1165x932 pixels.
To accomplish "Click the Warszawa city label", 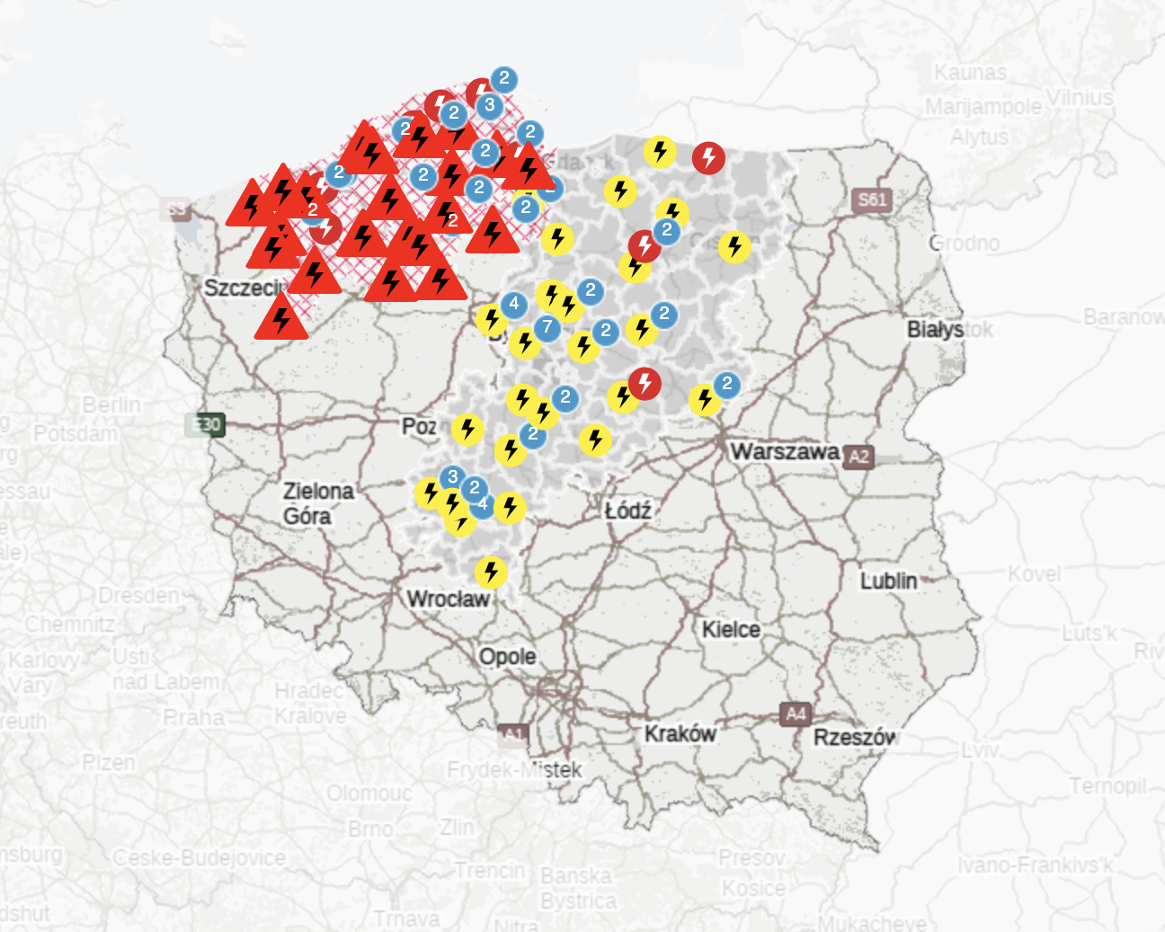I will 785,451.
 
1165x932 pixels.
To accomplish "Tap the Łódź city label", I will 627,510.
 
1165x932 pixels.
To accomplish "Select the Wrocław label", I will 448,599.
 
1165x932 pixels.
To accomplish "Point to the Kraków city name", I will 680,733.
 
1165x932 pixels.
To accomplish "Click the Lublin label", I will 888,581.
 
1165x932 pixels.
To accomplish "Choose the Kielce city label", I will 731,629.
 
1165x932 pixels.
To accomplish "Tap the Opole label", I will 507,656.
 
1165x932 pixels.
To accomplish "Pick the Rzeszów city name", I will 855,737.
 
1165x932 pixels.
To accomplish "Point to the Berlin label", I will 111,404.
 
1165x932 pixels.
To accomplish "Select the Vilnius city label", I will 1079,97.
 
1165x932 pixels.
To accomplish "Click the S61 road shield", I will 871,200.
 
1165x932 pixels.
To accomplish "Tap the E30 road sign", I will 205,424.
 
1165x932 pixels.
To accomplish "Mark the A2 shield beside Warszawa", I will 858,457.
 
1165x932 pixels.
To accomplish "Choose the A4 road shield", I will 796,715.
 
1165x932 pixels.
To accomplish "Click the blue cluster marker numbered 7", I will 547,327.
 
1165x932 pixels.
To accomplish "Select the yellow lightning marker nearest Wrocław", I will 491,573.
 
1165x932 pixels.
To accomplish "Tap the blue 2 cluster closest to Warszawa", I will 727,385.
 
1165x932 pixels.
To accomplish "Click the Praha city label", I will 193,717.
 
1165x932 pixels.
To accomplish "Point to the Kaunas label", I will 970,72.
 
